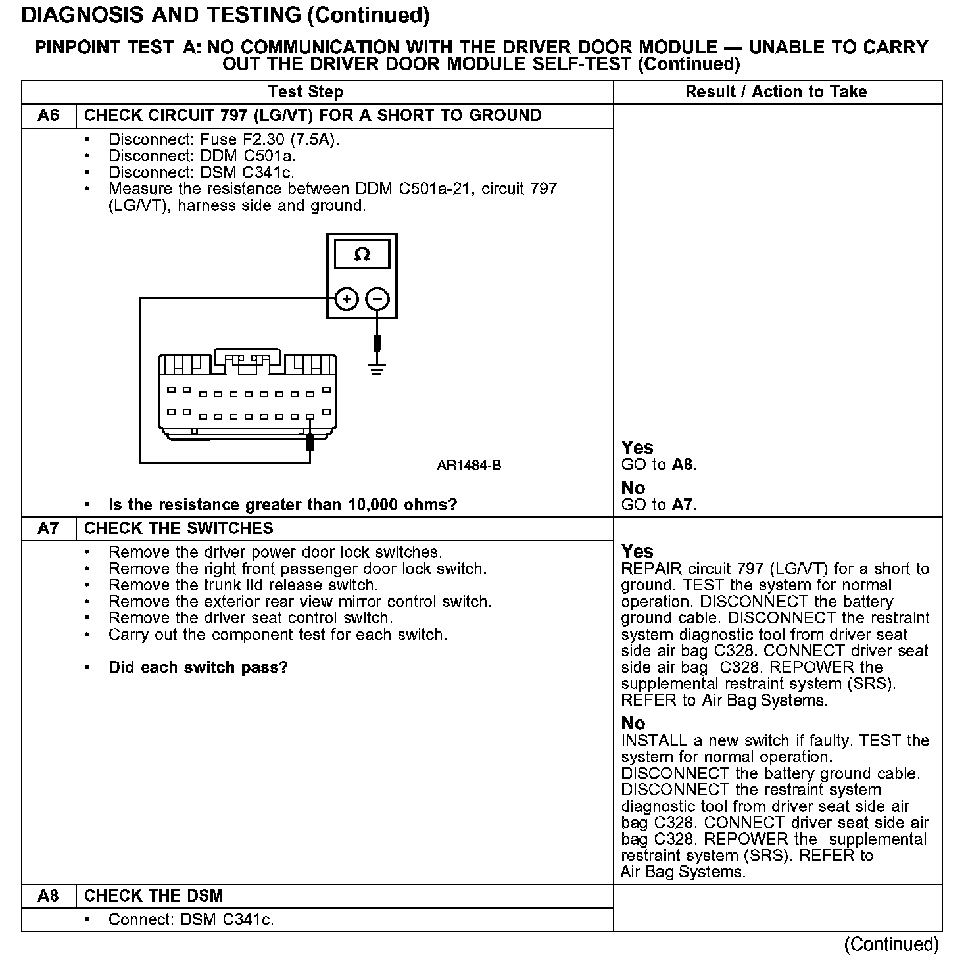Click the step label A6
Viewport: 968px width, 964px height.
click(48, 116)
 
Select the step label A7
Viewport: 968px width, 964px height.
click(48, 529)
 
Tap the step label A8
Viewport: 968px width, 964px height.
click(48, 896)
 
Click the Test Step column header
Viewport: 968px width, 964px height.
click(306, 92)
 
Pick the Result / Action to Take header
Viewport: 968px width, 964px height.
click(776, 92)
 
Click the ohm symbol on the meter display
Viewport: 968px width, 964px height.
click(362, 254)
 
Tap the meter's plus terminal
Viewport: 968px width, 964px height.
click(347, 300)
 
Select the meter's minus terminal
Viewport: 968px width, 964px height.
click(377, 300)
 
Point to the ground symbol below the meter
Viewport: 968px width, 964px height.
click(377, 368)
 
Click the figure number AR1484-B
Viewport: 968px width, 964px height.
click(469, 466)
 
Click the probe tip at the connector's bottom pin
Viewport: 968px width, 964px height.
click(310, 442)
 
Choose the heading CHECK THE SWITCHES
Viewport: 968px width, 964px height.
click(179, 529)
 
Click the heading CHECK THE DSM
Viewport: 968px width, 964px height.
click(154, 896)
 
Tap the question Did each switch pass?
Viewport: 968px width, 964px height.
click(198, 667)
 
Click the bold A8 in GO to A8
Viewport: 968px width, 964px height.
click(683, 465)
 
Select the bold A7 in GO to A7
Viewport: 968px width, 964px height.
click(683, 505)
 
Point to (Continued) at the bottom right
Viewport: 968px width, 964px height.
click(891, 944)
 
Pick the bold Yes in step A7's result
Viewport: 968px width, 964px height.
click(637, 551)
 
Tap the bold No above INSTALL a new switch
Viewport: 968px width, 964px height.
click(633, 723)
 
